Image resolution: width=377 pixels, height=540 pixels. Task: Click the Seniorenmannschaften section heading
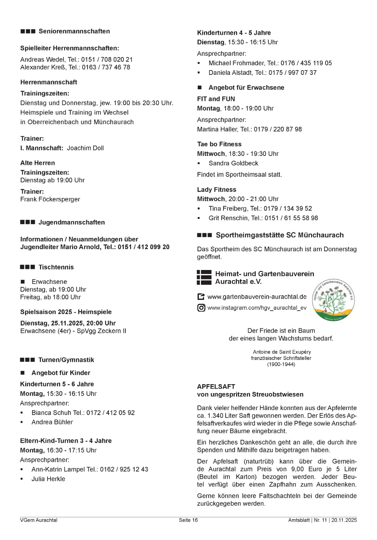click(74, 31)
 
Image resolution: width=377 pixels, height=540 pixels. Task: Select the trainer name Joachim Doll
click(85, 148)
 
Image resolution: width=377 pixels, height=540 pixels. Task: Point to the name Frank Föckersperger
click(50, 199)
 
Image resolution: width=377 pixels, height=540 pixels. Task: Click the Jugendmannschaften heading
click(71, 222)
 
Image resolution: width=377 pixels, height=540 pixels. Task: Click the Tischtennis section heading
click(56, 267)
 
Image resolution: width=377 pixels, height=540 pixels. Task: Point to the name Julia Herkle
click(48, 479)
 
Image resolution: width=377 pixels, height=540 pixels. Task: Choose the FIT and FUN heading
click(216, 99)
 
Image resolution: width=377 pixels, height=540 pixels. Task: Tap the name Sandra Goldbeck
click(233, 163)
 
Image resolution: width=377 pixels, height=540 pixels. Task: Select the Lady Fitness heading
click(217, 190)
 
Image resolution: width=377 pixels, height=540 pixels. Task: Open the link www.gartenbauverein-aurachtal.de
click(257, 297)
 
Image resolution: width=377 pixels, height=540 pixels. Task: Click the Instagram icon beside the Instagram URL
click(201, 308)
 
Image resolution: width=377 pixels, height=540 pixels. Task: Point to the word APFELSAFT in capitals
click(216, 387)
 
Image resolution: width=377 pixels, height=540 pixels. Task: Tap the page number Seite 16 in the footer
click(188, 520)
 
